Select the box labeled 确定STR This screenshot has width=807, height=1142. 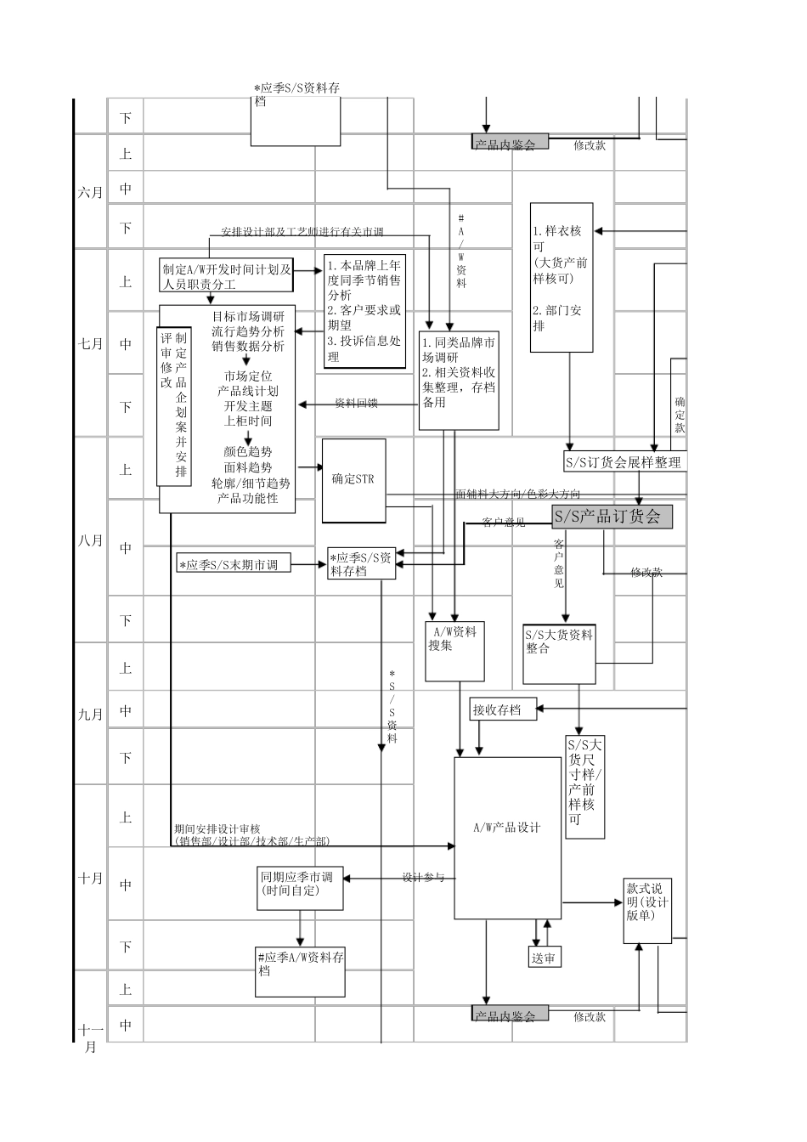(x=353, y=480)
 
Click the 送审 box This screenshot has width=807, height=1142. (x=543, y=958)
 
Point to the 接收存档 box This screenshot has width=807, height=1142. (x=503, y=710)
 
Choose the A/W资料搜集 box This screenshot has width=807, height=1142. (x=454, y=651)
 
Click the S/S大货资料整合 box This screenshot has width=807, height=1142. (x=559, y=654)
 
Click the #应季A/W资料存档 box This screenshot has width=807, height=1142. (x=301, y=971)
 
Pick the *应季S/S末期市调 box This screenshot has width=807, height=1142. (x=233, y=563)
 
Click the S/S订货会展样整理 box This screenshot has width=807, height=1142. (x=624, y=462)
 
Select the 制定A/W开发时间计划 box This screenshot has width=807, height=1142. (x=227, y=277)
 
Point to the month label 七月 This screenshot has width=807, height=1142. (x=91, y=344)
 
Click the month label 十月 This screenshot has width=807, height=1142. (x=91, y=878)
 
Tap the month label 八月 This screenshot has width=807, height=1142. (x=91, y=540)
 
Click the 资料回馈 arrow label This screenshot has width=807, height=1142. (x=356, y=404)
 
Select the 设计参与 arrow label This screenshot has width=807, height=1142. (x=423, y=878)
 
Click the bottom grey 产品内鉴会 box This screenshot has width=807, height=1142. (x=510, y=1014)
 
